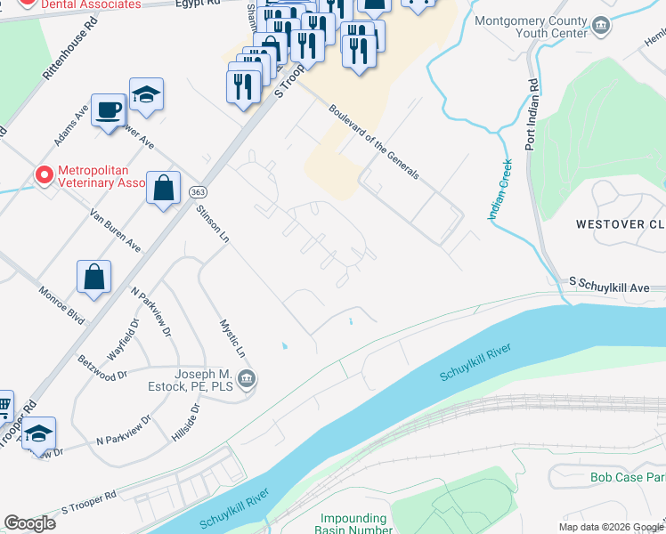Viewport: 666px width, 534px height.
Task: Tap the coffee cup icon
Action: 109,110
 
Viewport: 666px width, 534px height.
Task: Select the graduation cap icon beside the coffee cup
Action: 146,94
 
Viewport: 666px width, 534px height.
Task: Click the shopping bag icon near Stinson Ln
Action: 163,188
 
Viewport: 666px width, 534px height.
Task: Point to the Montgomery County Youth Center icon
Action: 603,27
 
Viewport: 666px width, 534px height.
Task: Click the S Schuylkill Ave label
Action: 616,282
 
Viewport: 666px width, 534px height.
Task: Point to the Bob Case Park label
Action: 627,477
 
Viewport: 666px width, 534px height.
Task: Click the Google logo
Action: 29,523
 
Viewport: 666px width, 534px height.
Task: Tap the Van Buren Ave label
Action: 116,230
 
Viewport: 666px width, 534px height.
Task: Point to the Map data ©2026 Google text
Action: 610,527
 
